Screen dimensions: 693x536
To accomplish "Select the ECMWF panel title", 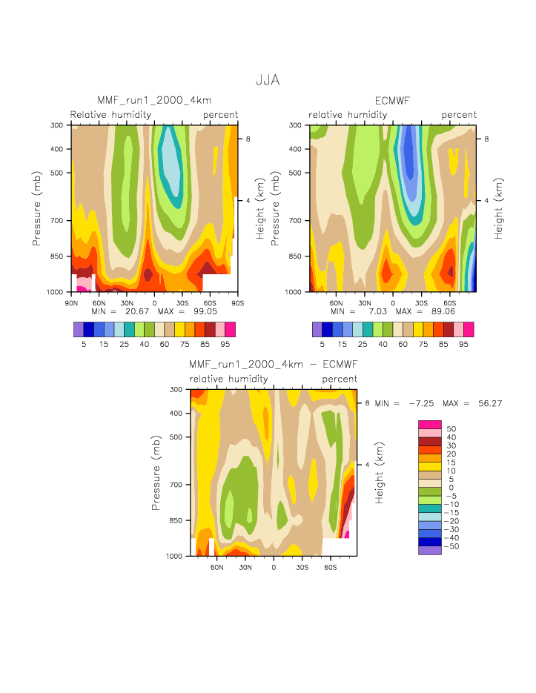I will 393,101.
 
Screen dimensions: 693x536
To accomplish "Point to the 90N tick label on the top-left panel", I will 72,303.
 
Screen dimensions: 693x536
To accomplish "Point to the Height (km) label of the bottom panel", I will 380,472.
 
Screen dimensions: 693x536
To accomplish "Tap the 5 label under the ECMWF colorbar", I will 322,344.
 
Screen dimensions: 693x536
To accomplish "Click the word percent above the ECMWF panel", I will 459,115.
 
